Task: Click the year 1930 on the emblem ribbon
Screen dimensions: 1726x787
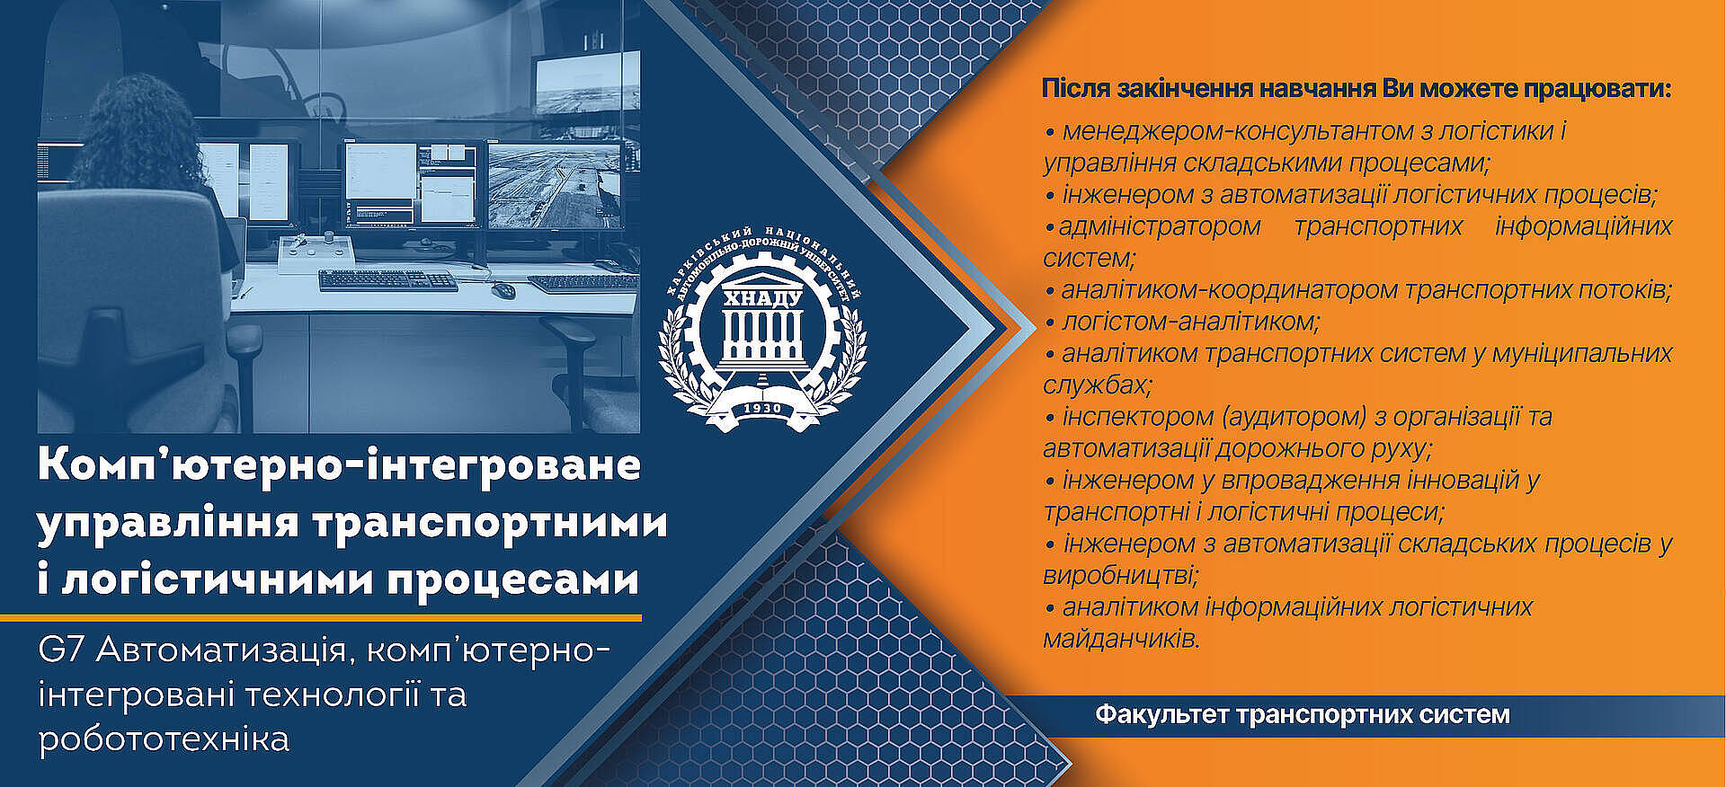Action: (x=762, y=408)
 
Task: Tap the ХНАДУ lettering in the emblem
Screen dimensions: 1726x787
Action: (x=762, y=297)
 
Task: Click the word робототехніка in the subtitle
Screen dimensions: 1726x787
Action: (x=164, y=739)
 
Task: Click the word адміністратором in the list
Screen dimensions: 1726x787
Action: (x=1160, y=227)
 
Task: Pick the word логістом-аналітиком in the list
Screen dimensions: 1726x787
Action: (x=1190, y=322)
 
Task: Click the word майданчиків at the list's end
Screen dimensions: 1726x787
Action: (x=1121, y=639)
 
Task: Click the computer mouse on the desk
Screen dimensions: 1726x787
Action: (x=503, y=289)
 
